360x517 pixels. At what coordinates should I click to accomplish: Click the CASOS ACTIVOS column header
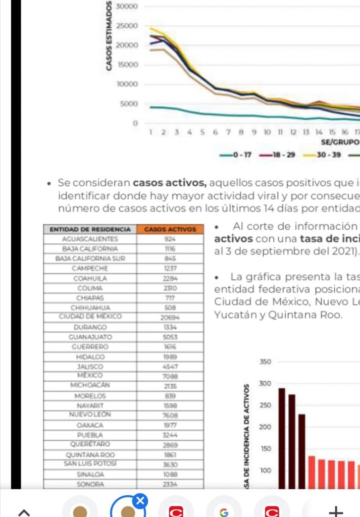tap(170, 229)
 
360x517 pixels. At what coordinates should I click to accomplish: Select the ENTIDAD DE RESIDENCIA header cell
tap(90, 229)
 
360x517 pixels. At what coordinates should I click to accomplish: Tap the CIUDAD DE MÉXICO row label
tap(90, 317)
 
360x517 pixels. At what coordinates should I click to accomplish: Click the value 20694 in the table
tap(170, 318)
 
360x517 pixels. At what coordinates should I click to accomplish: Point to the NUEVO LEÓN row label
tap(90, 415)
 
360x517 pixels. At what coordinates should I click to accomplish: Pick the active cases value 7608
tap(170, 415)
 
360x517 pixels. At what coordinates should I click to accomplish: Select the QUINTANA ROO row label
tap(90, 454)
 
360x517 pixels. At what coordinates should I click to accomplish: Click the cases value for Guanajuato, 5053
tap(170, 337)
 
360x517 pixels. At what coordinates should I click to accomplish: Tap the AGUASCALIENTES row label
tap(90, 239)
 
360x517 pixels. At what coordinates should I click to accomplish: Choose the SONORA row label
tap(90, 484)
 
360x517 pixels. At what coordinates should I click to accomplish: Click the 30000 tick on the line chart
tap(127, 7)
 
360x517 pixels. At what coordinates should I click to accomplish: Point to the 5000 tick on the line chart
tap(129, 104)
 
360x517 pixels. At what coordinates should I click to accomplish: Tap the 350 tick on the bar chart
tap(266, 362)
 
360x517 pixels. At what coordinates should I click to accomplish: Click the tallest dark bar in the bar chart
tap(282, 437)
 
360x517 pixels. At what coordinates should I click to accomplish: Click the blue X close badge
tap(140, 501)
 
